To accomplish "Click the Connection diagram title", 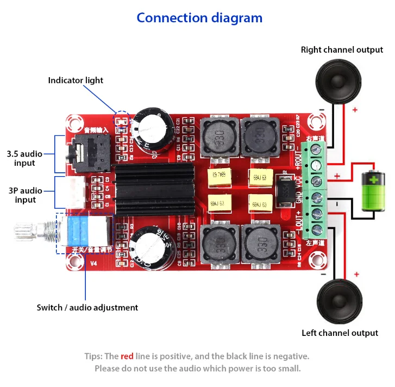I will (199, 18).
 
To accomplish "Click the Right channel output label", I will (342, 50).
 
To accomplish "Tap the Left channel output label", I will (340, 333).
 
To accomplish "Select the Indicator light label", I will (76, 80).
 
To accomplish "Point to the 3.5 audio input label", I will (25, 158).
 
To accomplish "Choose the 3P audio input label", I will (25, 195).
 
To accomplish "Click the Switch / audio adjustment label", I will (87, 308).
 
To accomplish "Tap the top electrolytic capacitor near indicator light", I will (153, 129).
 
